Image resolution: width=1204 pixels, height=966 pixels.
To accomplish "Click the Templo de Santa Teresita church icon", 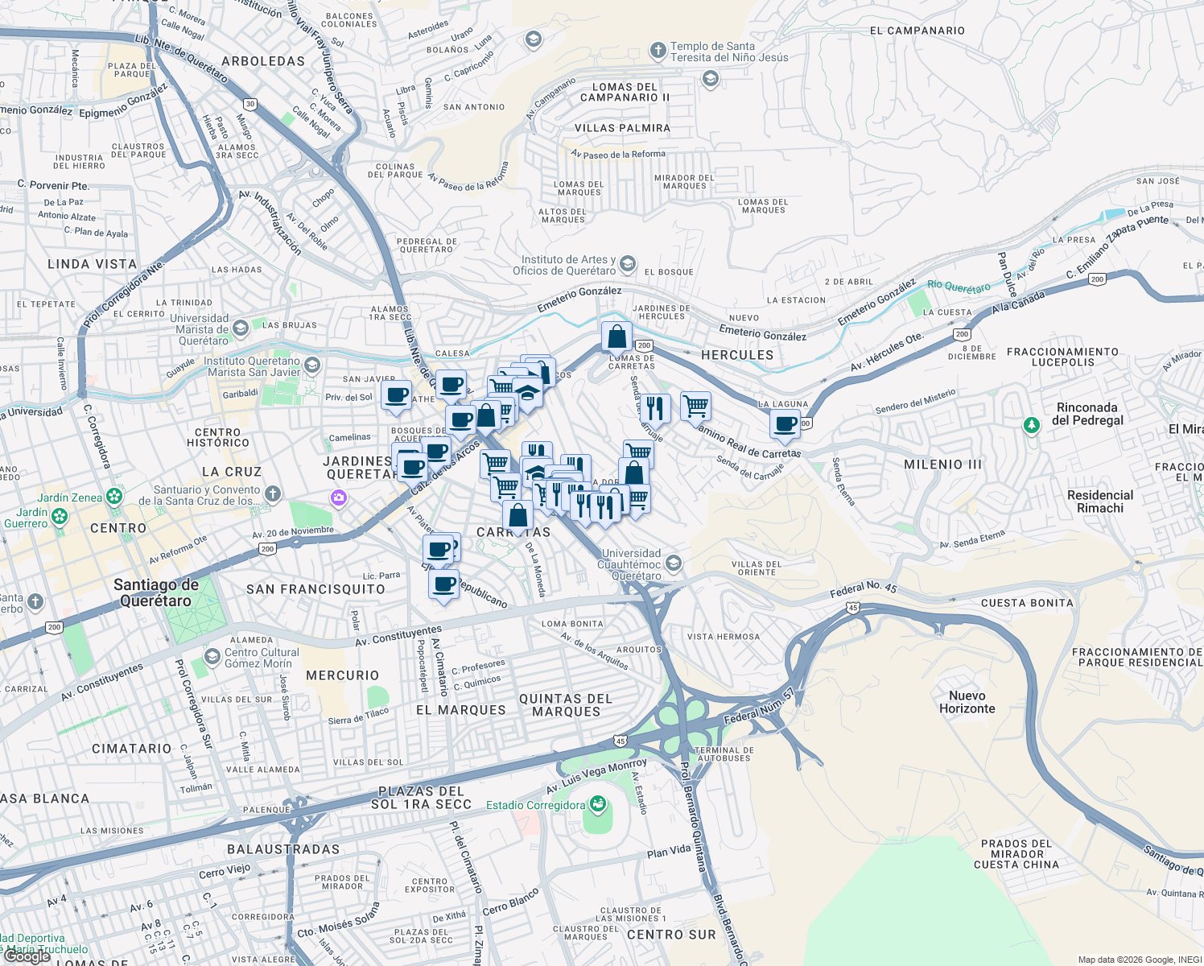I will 658,52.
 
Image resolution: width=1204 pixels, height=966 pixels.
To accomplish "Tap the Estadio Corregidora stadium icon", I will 597,804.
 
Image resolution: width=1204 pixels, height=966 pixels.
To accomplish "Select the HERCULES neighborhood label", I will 736,355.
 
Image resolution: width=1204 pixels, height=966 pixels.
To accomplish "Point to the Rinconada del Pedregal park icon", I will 1031,424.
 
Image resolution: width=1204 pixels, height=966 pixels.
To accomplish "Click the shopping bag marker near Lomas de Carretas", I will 616,336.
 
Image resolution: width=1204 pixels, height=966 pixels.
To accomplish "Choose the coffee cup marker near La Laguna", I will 785,424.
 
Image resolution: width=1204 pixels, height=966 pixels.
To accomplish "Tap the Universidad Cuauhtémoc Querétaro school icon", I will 674,563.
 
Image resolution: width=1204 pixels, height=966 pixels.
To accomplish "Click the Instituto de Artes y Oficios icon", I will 628,264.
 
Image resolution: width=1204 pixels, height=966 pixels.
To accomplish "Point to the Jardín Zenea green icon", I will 114,496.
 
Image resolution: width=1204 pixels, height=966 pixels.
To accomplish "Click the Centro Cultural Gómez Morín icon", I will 212,657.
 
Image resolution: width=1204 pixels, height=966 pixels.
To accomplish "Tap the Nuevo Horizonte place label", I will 967,702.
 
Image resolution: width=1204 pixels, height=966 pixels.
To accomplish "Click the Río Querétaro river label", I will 959,287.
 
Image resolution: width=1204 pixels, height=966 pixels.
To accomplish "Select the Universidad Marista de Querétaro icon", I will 241,328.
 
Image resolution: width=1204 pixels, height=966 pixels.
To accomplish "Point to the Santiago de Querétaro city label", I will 155,592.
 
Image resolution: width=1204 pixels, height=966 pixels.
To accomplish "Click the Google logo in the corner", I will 27,956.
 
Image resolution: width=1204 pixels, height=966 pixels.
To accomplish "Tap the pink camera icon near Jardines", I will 339,498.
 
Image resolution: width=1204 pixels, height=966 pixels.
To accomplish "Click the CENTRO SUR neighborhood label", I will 671,935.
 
